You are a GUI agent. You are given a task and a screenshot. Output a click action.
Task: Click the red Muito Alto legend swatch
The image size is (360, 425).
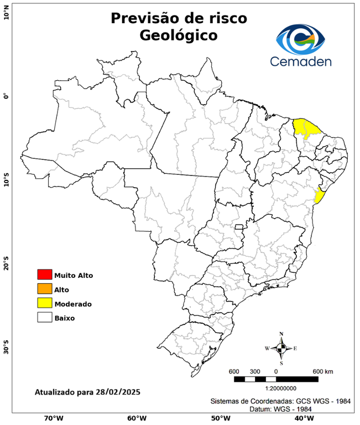[44, 274]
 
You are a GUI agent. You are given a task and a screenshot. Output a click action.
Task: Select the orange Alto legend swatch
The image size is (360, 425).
[44, 289]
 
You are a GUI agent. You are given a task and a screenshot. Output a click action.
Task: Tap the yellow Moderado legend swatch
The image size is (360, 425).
[44, 303]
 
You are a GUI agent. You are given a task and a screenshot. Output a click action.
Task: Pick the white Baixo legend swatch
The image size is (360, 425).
[44, 318]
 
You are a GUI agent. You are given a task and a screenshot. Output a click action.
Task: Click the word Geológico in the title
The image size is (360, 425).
[179, 35]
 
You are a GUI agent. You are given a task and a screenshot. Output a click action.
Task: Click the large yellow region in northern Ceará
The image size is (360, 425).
[306, 128]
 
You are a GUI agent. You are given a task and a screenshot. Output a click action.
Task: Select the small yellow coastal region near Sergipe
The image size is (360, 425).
[319, 195]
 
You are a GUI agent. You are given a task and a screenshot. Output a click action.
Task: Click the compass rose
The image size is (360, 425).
[281, 348]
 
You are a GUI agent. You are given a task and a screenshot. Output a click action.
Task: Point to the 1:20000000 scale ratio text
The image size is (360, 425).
[276, 389]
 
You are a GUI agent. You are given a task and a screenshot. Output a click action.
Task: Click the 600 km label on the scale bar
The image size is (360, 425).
[323, 371]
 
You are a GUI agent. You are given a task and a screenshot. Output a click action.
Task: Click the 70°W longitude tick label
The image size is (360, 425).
[53, 418]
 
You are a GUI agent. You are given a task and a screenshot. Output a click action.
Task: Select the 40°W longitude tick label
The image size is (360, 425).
[302, 418]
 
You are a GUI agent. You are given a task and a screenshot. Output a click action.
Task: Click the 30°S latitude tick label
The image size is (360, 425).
[6, 350]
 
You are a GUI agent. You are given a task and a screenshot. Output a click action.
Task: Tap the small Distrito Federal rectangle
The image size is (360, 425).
[239, 227]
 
